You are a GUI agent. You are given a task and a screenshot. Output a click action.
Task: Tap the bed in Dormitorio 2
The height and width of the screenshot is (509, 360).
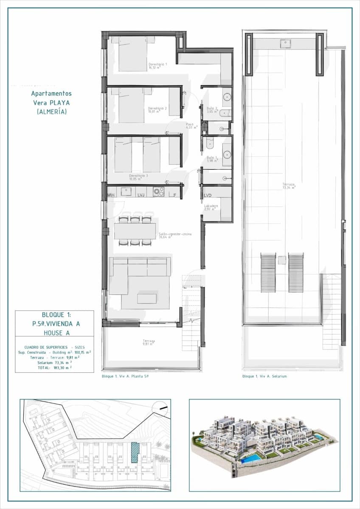click(132, 105)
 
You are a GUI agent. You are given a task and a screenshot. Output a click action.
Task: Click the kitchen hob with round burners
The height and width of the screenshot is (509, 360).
click(159, 192)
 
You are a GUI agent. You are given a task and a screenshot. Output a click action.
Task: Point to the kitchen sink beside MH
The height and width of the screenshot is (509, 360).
click(126, 192)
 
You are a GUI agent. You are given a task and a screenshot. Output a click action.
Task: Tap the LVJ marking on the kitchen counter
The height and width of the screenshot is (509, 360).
click(141, 195)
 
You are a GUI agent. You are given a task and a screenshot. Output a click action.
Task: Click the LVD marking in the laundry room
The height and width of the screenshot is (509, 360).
click(208, 196)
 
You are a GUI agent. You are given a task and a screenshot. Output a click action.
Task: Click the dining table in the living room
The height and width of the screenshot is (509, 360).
click(135, 231)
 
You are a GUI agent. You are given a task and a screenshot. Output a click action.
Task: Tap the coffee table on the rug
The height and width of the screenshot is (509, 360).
click(147, 298)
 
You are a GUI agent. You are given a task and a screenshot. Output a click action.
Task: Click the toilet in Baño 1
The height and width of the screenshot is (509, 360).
click(210, 145)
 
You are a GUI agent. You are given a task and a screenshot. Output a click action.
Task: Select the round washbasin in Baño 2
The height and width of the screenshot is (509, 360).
click(227, 97)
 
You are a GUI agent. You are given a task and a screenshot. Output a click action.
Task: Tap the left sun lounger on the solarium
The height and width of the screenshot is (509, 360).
click(268, 272)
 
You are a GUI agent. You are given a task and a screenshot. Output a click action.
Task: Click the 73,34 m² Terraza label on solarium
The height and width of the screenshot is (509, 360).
click(289, 186)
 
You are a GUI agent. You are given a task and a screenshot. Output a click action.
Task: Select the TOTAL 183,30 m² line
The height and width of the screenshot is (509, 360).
click(54, 368)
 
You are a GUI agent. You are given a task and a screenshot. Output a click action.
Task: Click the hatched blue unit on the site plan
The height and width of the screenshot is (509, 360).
click(135, 452)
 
